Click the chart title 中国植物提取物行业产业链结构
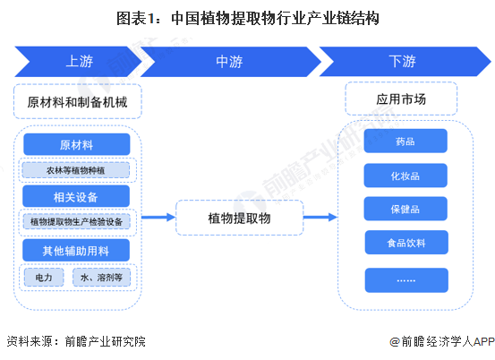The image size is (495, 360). pos(247,17)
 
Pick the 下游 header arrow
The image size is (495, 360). pos(401,62)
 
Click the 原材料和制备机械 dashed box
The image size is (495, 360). pos(77,102)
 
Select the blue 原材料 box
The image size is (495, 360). pos(77,145)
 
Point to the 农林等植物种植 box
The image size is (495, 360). pos(77,169)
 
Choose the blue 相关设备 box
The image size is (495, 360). pos(77,196)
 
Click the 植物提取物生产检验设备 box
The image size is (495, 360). pos(77,221)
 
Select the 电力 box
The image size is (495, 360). pos(44,278)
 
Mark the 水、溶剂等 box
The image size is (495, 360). pos(101,278)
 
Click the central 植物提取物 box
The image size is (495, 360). pos(239,218)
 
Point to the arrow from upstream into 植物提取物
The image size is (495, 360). pos(158,218)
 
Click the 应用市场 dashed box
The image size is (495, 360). pos(401,99)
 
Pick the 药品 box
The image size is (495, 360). pos(405,142)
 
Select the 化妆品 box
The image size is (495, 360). pos(405,176)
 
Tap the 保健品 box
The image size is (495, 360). pos(405,209)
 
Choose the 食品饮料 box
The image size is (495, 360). pos(405,242)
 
